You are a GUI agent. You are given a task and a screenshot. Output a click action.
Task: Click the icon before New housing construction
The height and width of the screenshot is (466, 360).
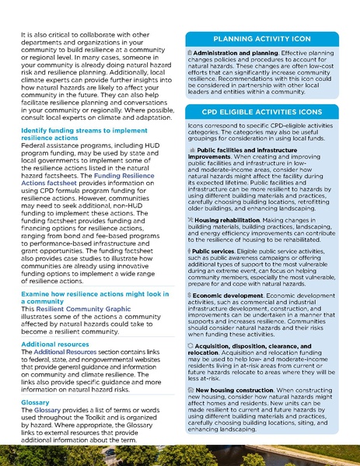[191, 389]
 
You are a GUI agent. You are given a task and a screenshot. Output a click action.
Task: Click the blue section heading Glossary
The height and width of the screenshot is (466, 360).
[35, 402]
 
